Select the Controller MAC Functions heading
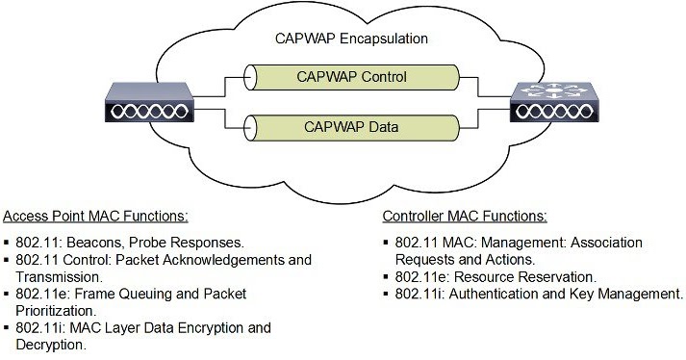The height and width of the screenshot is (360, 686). (465, 216)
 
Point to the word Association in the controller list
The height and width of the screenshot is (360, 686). (606, 243)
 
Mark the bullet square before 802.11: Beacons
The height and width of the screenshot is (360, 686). (8, 243)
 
